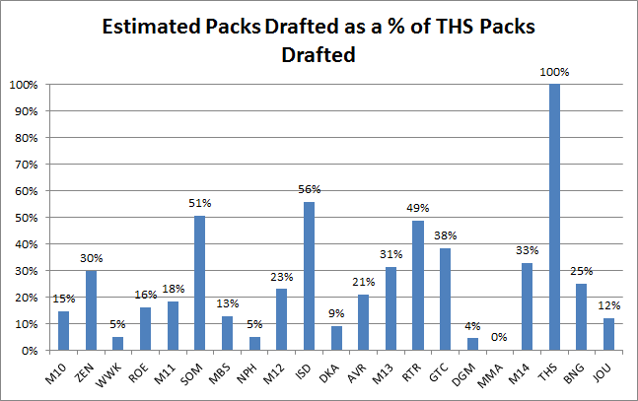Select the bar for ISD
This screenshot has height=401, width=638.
coord(310,276)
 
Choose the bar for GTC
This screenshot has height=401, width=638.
coord(444,300)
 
